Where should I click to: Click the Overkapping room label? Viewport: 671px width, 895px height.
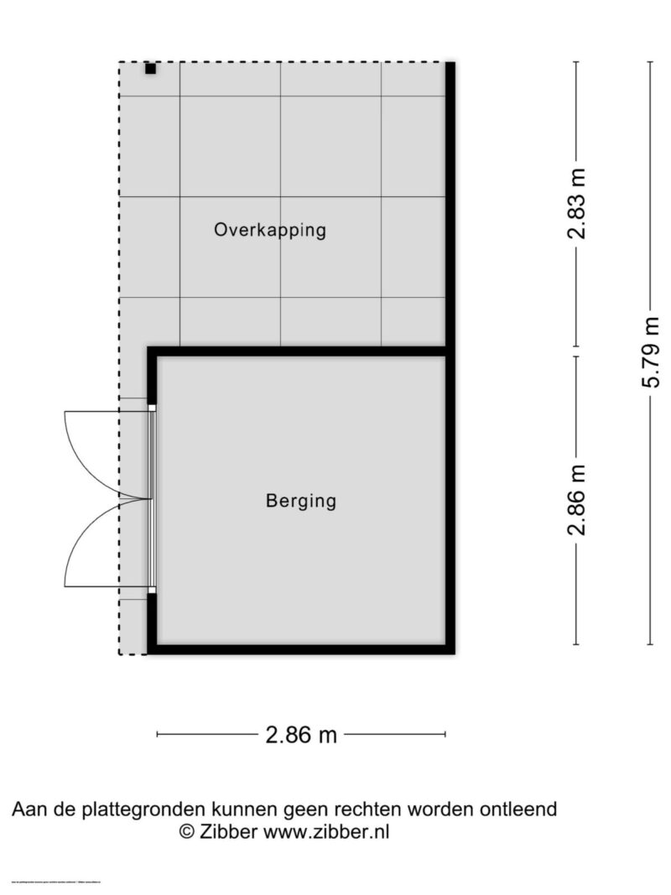(x=269, y=230)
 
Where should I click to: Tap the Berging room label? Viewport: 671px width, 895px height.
(x=300, y=502)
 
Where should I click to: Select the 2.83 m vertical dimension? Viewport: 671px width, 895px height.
(x=576, y=204)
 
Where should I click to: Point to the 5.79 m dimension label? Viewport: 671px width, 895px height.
(x=651, y=352)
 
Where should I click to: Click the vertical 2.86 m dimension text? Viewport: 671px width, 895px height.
(x=576, y=500)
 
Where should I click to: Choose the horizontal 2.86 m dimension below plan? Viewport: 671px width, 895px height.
(x=301, y=736)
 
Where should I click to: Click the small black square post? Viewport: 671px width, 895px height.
(x=150, y=69)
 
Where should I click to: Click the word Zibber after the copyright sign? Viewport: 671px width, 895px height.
(x=229, y=832)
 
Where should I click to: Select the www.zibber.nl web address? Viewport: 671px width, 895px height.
(x=326, y=832)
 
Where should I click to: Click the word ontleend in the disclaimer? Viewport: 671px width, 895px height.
(x=519, y=809)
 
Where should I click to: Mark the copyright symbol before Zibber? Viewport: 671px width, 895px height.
(x=186, y=832)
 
